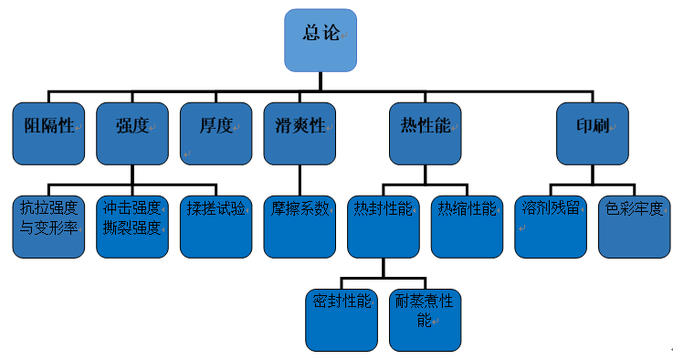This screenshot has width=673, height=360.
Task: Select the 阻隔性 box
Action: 48,132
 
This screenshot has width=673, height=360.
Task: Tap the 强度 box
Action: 132,132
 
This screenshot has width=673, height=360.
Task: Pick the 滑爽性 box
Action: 300,132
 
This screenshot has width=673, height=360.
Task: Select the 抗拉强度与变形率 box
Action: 48,225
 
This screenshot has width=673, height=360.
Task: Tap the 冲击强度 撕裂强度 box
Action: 132,225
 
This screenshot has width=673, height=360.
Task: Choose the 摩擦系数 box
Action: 300,225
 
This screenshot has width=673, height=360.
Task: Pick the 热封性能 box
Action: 383,225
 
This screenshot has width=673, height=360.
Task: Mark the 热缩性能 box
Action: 467,225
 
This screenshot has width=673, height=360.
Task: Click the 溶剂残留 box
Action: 551,225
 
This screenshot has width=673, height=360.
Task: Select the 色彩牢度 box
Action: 635,225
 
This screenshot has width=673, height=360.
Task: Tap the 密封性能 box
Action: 341,319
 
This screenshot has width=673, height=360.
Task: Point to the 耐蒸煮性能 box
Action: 425,319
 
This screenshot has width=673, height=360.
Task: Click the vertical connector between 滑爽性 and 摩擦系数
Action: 300,178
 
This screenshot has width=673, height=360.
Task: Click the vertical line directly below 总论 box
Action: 320,81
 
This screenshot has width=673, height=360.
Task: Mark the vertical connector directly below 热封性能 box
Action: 383,266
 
